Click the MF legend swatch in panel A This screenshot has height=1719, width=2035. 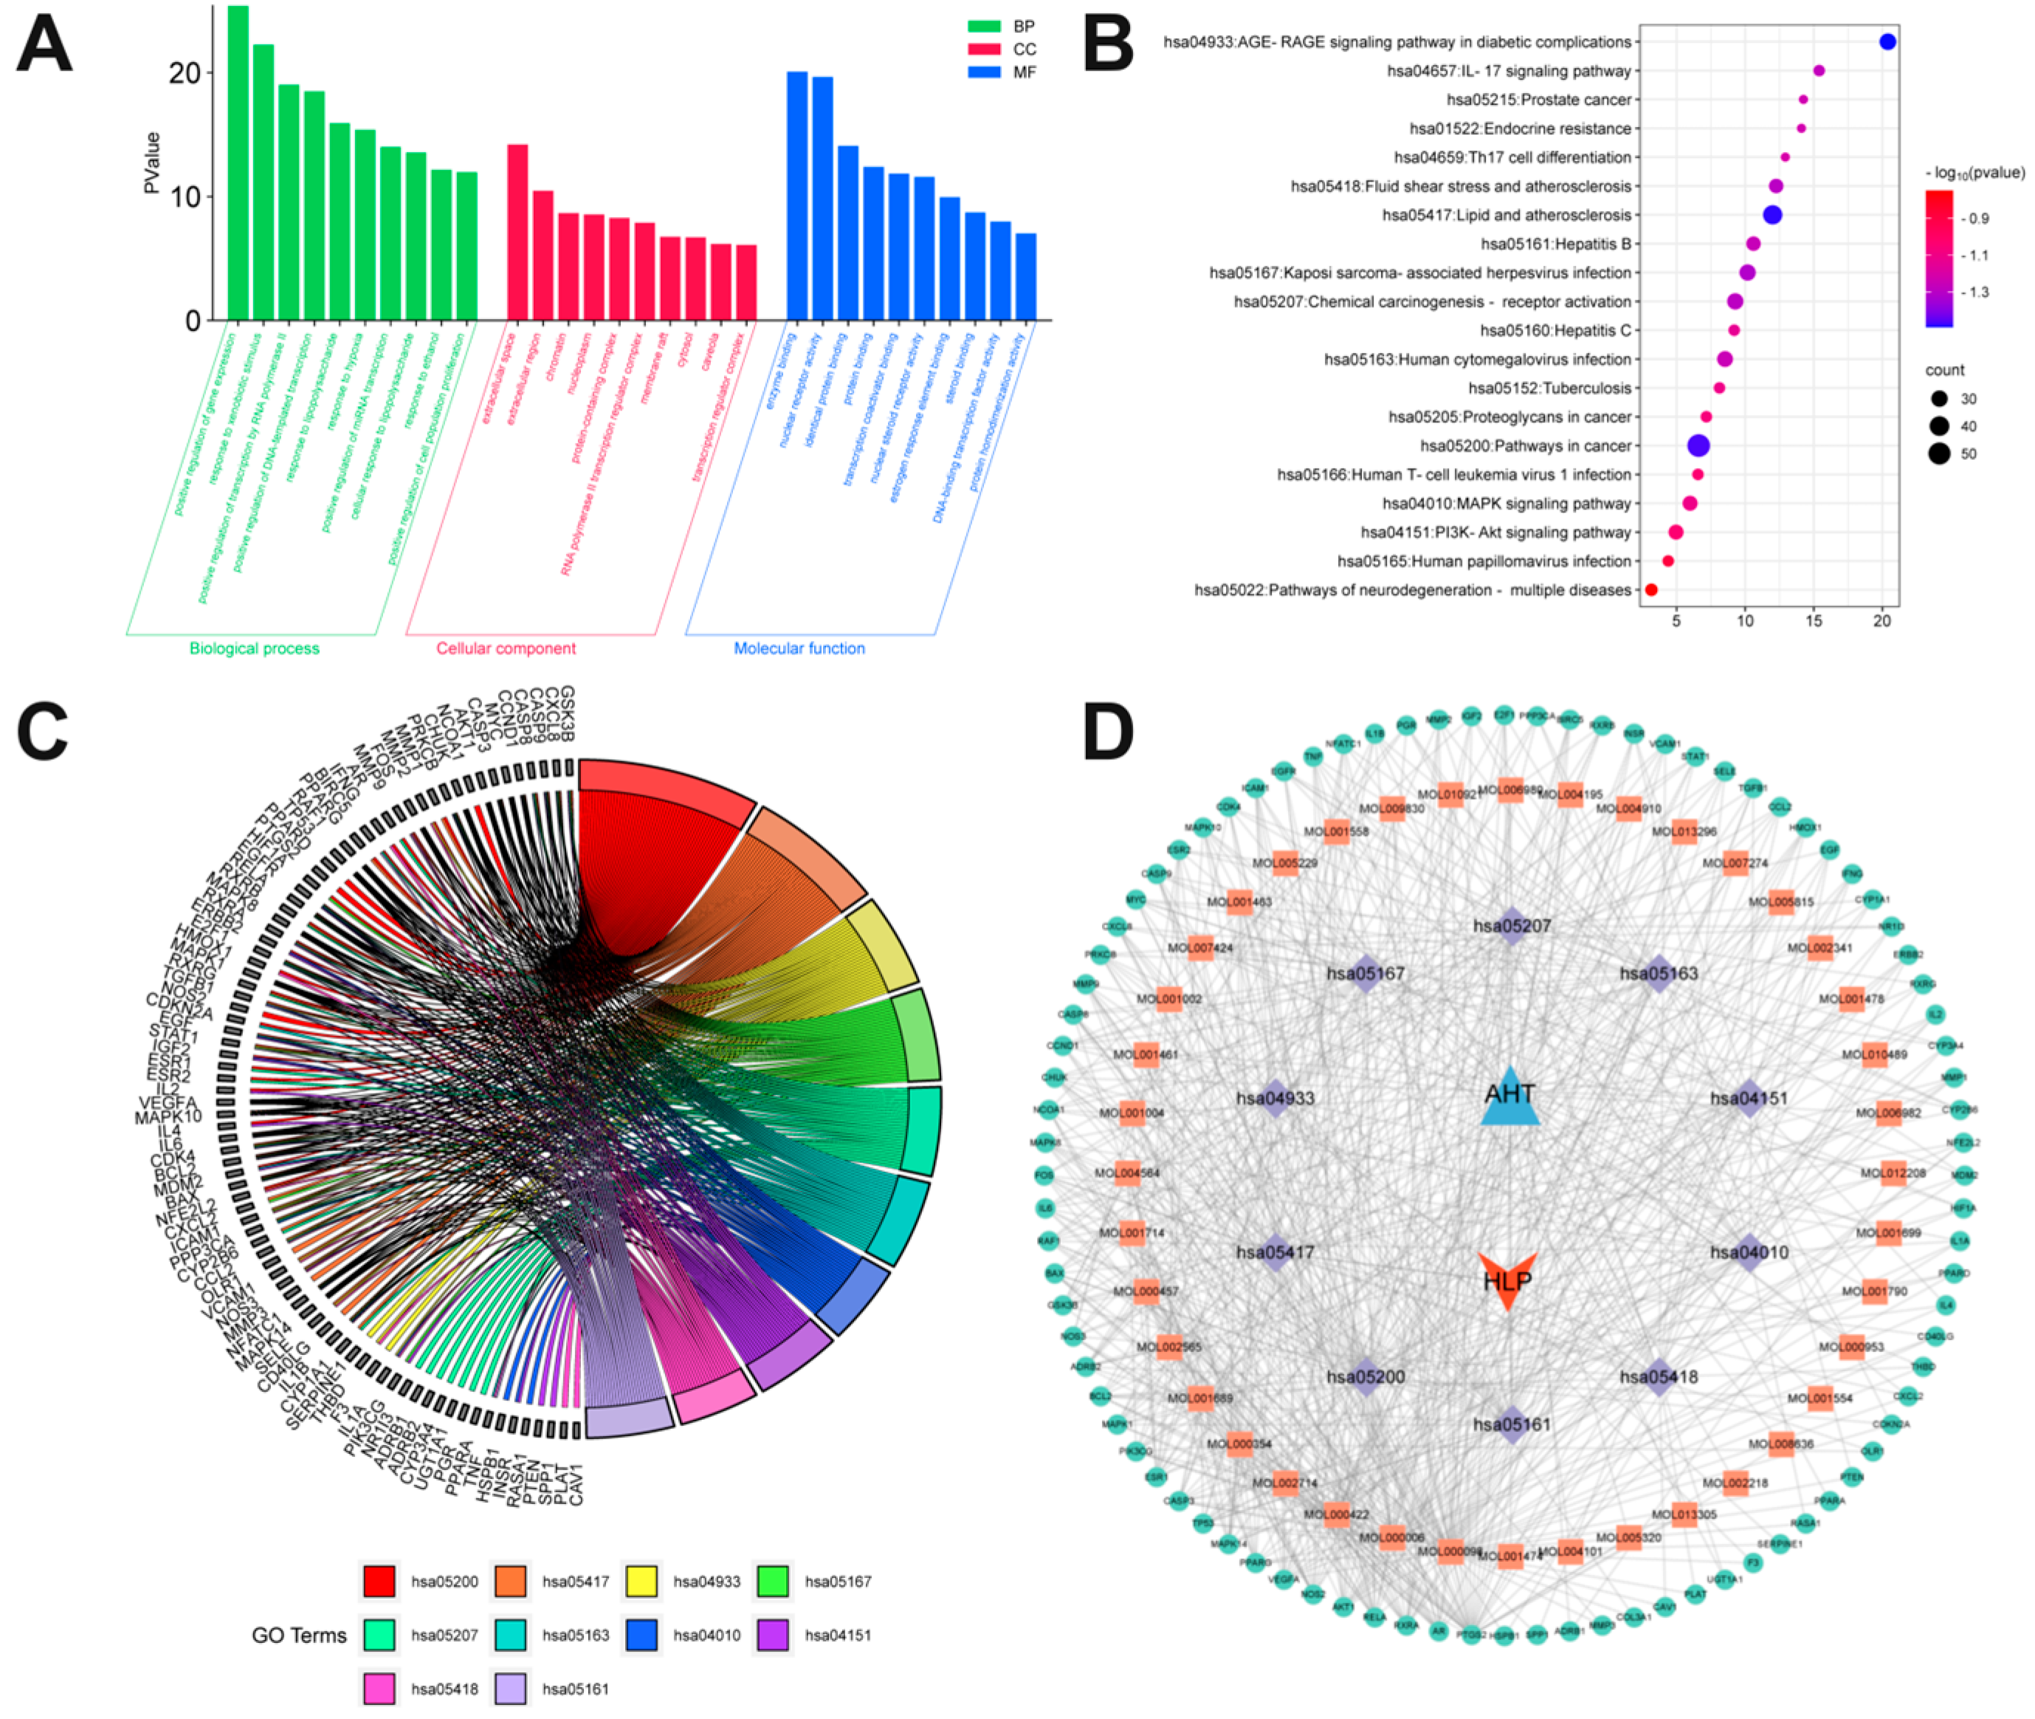[984, 72]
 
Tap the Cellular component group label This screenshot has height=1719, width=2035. [506, 648]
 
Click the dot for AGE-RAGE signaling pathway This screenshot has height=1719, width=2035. [1887, 42]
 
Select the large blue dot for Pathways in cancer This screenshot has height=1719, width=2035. [1698, 445]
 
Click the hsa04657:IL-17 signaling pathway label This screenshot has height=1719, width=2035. [1508, 71]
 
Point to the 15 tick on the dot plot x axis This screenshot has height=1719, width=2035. [1814, 621]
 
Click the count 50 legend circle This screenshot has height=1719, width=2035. [1938, 453]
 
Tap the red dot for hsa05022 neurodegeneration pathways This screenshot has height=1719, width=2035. [1651, 589]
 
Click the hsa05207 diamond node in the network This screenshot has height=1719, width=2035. [1511, 926]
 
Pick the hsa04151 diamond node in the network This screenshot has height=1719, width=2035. [1749, 1098]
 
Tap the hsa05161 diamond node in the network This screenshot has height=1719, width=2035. [1511, 1424]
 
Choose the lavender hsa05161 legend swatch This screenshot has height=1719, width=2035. [511, 1689]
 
